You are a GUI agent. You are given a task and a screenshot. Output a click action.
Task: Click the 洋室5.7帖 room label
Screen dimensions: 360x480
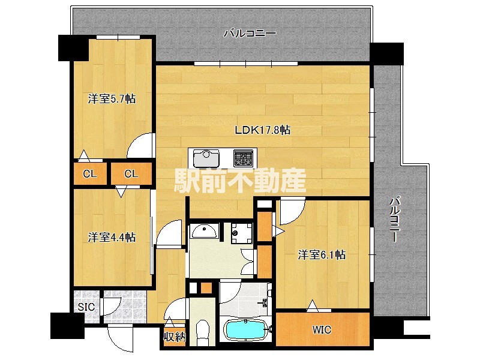(112, 99)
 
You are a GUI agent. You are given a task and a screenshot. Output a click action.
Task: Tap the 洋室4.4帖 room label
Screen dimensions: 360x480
(112, 238)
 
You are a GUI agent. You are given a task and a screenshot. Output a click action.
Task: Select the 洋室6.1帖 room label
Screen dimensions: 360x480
(322, 255)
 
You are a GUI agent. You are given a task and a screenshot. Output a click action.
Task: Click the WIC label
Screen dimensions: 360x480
(322, 330)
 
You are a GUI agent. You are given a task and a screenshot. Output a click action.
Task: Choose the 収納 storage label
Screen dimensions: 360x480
(175, 337)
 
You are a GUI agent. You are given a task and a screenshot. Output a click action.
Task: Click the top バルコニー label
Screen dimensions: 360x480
(250, 34)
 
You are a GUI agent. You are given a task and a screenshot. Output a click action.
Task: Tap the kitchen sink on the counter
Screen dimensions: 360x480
(206, 158)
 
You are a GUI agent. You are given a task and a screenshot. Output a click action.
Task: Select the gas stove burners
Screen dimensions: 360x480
(243, 158)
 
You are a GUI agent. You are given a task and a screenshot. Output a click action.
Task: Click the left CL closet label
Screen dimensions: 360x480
(90, 175)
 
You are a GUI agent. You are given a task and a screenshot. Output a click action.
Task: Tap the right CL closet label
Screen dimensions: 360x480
(131, 175)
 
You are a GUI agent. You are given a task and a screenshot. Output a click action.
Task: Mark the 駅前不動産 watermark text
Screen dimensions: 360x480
(240, 179)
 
